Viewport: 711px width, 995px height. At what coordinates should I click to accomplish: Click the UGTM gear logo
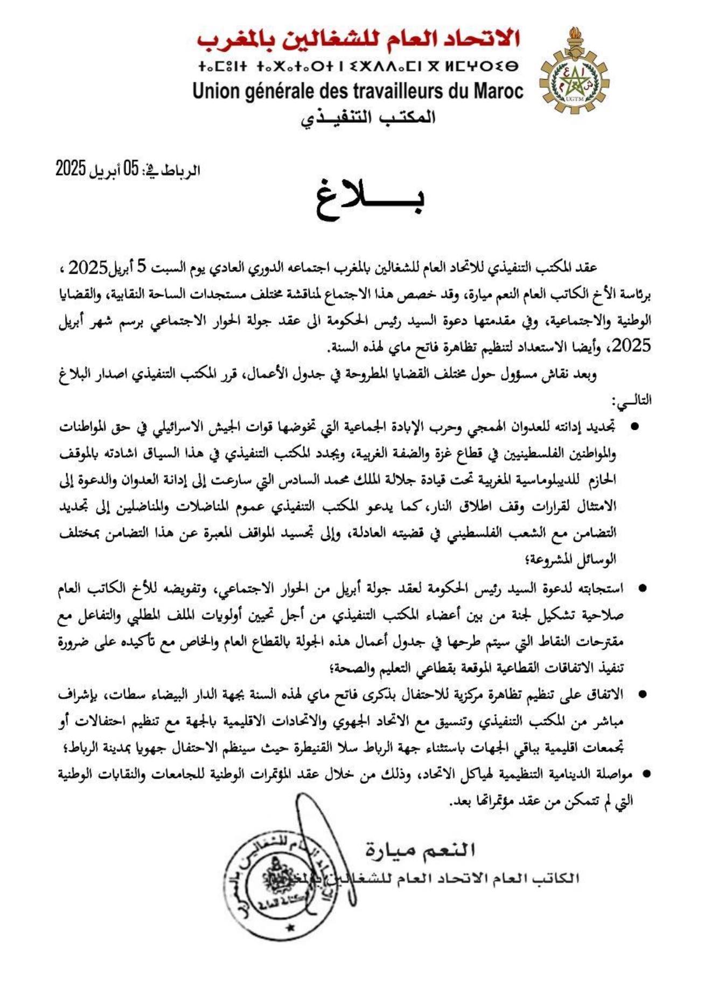coord(574,81)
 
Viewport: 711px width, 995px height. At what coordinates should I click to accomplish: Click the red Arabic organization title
coord(358,39)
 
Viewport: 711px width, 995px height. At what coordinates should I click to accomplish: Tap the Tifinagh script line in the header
coord(358,67)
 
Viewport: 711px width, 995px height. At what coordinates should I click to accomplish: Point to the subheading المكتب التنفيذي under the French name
coord(368,117)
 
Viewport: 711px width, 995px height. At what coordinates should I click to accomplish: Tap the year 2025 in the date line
coord(71,170)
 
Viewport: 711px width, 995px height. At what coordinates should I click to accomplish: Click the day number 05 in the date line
coord(131,170)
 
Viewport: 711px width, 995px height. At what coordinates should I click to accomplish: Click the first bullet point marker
coord(634,426)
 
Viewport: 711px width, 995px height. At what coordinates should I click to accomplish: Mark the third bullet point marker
coord(642,695)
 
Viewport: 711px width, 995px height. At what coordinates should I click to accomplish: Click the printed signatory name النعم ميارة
coord(420,850)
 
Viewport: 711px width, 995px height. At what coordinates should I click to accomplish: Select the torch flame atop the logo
coord(574,35)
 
